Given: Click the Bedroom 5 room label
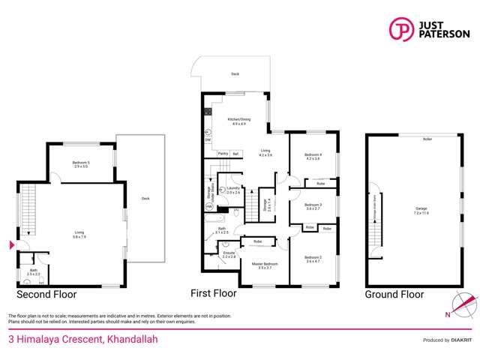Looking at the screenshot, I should click(80, 163).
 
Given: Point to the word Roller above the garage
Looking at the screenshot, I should click(427, 139).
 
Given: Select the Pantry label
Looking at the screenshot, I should click(223, 153).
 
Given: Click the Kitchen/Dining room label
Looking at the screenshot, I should click(241, 121).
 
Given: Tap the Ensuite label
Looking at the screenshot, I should click(229, 254).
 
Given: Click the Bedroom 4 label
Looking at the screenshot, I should click(313, 157).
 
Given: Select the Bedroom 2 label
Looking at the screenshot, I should click(313, 259).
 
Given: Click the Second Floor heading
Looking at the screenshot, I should click(46, 294).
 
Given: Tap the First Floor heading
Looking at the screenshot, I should click(213, 293).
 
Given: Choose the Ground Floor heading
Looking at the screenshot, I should click(394, 295).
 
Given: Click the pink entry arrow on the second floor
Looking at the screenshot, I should click(10, 245).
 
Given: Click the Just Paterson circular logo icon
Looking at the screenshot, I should click(401, 29).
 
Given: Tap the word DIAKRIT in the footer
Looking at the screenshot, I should click(458, 340).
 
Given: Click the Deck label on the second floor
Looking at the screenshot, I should click(145, 199).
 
